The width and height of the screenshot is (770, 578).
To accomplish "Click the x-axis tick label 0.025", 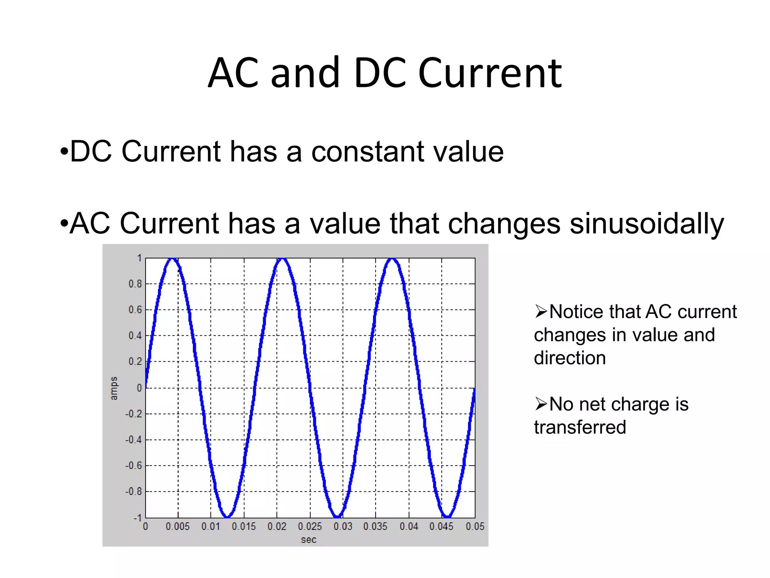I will pyautogui.click(x=310, y=526).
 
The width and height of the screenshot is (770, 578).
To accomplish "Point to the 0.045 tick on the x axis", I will pyautogui.click(x=441, y=526).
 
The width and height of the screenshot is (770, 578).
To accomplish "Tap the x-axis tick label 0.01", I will pyautogui.click(x=211, y=526).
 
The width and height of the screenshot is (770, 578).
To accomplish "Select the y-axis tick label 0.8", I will pyautogui.click(x=135, y=284).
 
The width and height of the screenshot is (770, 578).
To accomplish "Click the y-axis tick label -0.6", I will pyautogui.click(x=134, y=465).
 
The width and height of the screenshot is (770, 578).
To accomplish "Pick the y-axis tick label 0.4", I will pyautogui.click(x=135, y=335).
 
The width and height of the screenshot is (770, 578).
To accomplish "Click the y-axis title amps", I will pyautogui.click(x=114, y=388).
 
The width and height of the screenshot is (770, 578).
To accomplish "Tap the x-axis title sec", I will pyautogui.click(x=308, y=540).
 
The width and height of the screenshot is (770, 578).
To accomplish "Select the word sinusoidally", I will pyautogui.click(x=647, y=224).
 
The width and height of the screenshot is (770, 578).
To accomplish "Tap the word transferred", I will pyautogui.click(x=580, y=427).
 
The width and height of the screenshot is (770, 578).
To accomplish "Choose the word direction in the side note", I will pyautogui.click(x=570, y=358).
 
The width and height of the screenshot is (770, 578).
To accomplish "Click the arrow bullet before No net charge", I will pyautogui.click(x=541, y=404).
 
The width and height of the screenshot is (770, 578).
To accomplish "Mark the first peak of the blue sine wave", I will pyautogui.click(x=172, y=259).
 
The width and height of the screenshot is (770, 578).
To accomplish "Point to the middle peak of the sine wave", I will pyautogui.click(x=282, y=259).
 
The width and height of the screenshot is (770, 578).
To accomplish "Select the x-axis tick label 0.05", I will pyautogui.click(x=475, y=526).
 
